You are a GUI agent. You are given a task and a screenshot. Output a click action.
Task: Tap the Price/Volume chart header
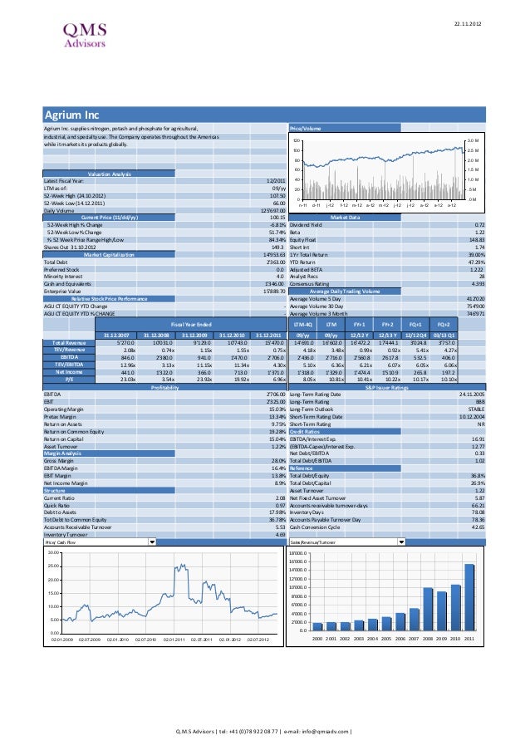coord(306,129)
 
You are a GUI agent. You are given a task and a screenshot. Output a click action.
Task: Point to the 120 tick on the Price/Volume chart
coord(296,141)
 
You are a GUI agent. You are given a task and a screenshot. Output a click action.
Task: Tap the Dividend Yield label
coord(305,224)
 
